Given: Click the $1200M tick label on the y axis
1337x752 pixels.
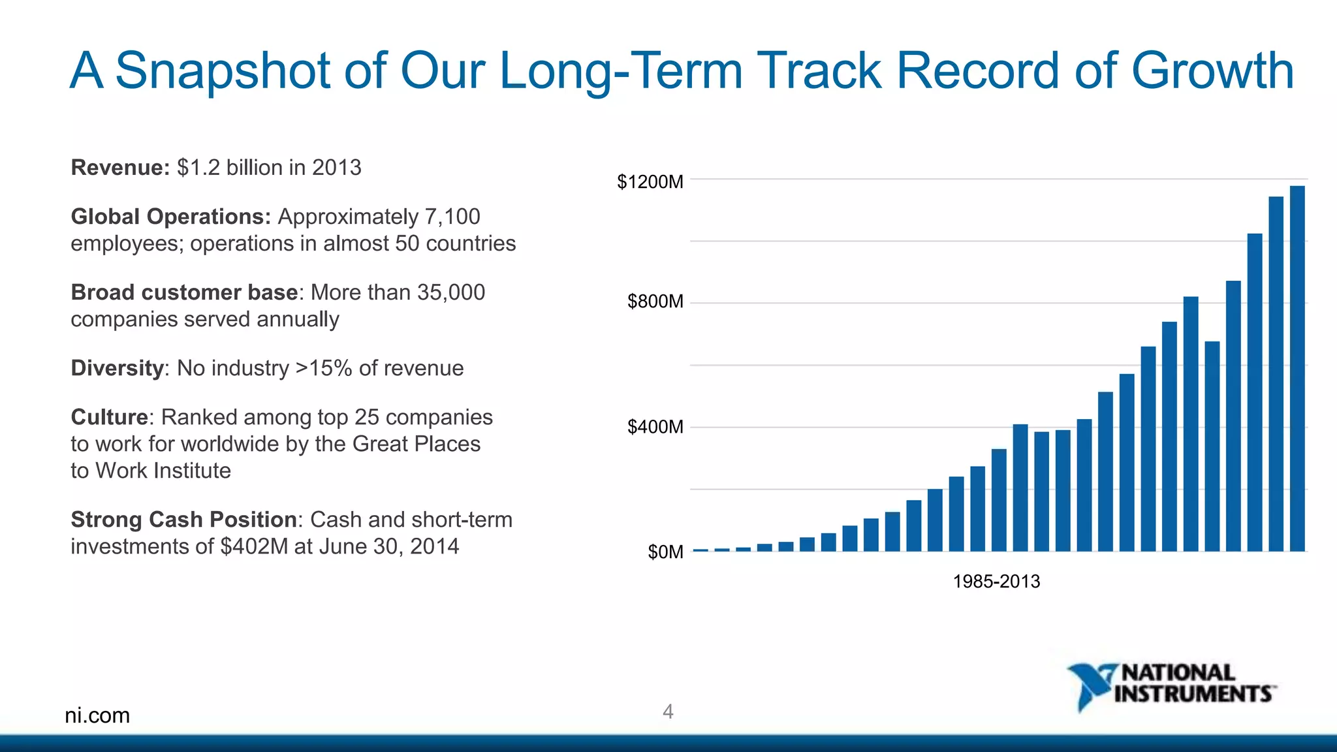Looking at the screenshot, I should click(650, 181).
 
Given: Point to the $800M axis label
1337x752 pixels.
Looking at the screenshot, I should click(655, 302).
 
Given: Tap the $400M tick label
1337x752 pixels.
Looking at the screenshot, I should click(655, 427).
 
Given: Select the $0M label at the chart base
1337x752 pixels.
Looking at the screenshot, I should click(665, 552).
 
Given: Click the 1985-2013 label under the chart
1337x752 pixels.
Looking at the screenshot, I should click(996, 581).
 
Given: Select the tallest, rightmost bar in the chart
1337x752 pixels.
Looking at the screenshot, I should click(1297, 369).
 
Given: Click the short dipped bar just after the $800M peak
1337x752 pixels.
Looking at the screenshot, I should click(1212, 446).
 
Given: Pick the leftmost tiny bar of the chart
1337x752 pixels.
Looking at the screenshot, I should click(700, 550).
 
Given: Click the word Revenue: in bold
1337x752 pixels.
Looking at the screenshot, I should click(120, 168).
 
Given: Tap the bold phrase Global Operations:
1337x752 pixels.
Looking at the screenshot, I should click(170, 217).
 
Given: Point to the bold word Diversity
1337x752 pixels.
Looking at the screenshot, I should click(117, 368).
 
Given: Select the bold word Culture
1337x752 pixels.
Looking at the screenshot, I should click(110, 417).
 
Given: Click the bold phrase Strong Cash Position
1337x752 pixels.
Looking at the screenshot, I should click(183, 520).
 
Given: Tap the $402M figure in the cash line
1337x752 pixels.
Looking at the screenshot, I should click(254, 546).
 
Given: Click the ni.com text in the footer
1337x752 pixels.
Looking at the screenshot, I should click(97, 715).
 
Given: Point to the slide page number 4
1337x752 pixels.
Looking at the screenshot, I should click(668, 712).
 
